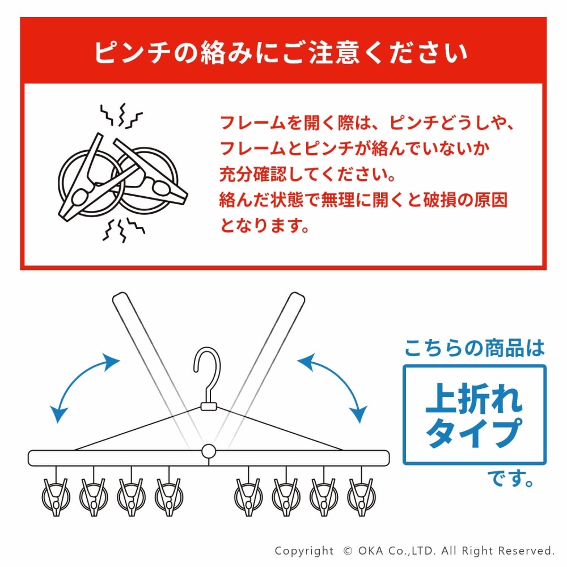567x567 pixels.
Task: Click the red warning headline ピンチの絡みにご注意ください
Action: [x=281, y=53]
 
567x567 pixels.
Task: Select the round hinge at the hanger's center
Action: [x=209, y=452]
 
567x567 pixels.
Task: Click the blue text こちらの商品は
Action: [x=475, y=348]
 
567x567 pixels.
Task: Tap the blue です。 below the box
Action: [x=511, y=478]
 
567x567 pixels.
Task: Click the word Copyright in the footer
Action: [x=304, y=551]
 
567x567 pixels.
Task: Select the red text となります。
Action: [x=265, y=226]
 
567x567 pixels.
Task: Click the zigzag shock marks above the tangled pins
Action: [x=121, y=115]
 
